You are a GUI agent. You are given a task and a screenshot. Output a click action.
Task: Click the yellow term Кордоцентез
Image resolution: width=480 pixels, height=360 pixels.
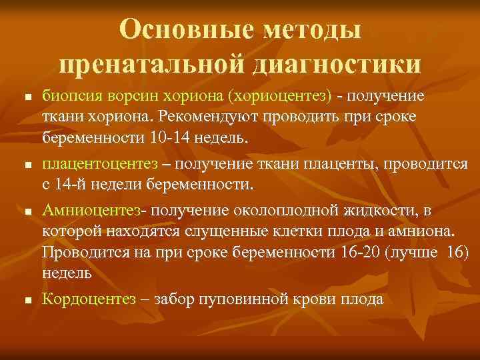90,299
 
